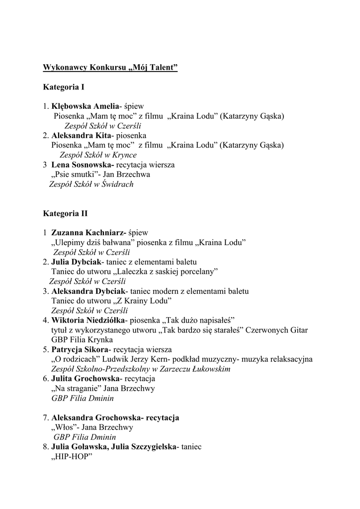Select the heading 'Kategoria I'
(63, 87)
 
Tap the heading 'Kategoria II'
(65, 213)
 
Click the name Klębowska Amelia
(86, 106)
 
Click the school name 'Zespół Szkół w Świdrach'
(91, 184)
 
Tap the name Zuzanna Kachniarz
(89, 233)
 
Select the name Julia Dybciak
(76, 262)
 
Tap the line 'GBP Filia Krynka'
(82, 339)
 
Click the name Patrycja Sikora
(80, 349)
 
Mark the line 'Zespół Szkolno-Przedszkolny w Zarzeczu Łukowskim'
(141, 369)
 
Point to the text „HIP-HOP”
(72, 456)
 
